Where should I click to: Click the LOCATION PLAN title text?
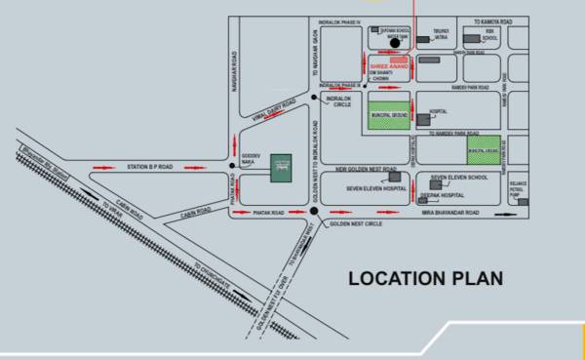pos(426,279)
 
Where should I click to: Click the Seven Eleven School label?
pos(459,178)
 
